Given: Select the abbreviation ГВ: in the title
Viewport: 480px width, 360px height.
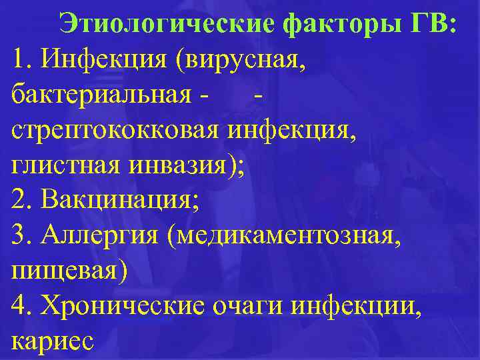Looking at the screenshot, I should click(x=430, y=25).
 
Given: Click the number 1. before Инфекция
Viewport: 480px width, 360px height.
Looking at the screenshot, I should click(x=23, y=61).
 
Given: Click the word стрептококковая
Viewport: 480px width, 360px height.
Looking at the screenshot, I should click(x=117, y=131).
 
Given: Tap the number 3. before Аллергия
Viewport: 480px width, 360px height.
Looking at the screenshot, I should click(x=23, y=235).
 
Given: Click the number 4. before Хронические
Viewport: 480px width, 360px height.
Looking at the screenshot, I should click(x=23, y=305).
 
